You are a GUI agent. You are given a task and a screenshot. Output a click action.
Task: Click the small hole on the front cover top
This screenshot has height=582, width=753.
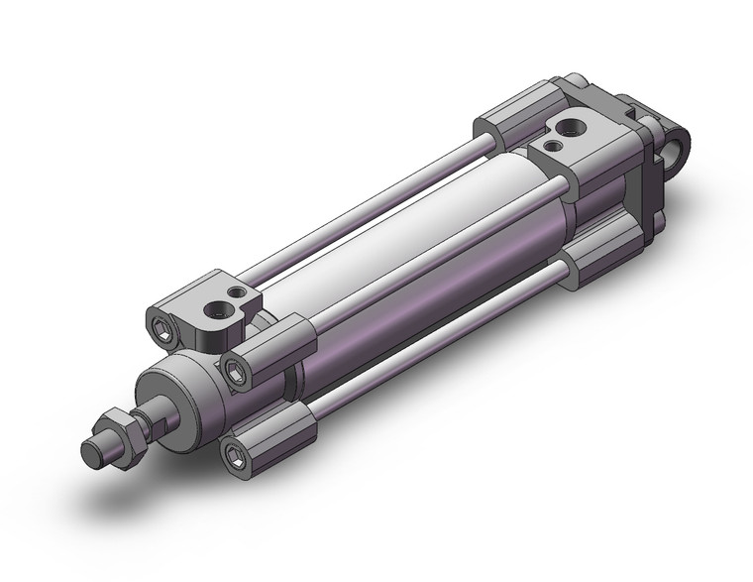click(236, 293)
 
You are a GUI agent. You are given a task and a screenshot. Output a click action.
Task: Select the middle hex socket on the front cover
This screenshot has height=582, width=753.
click(236, 372)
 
